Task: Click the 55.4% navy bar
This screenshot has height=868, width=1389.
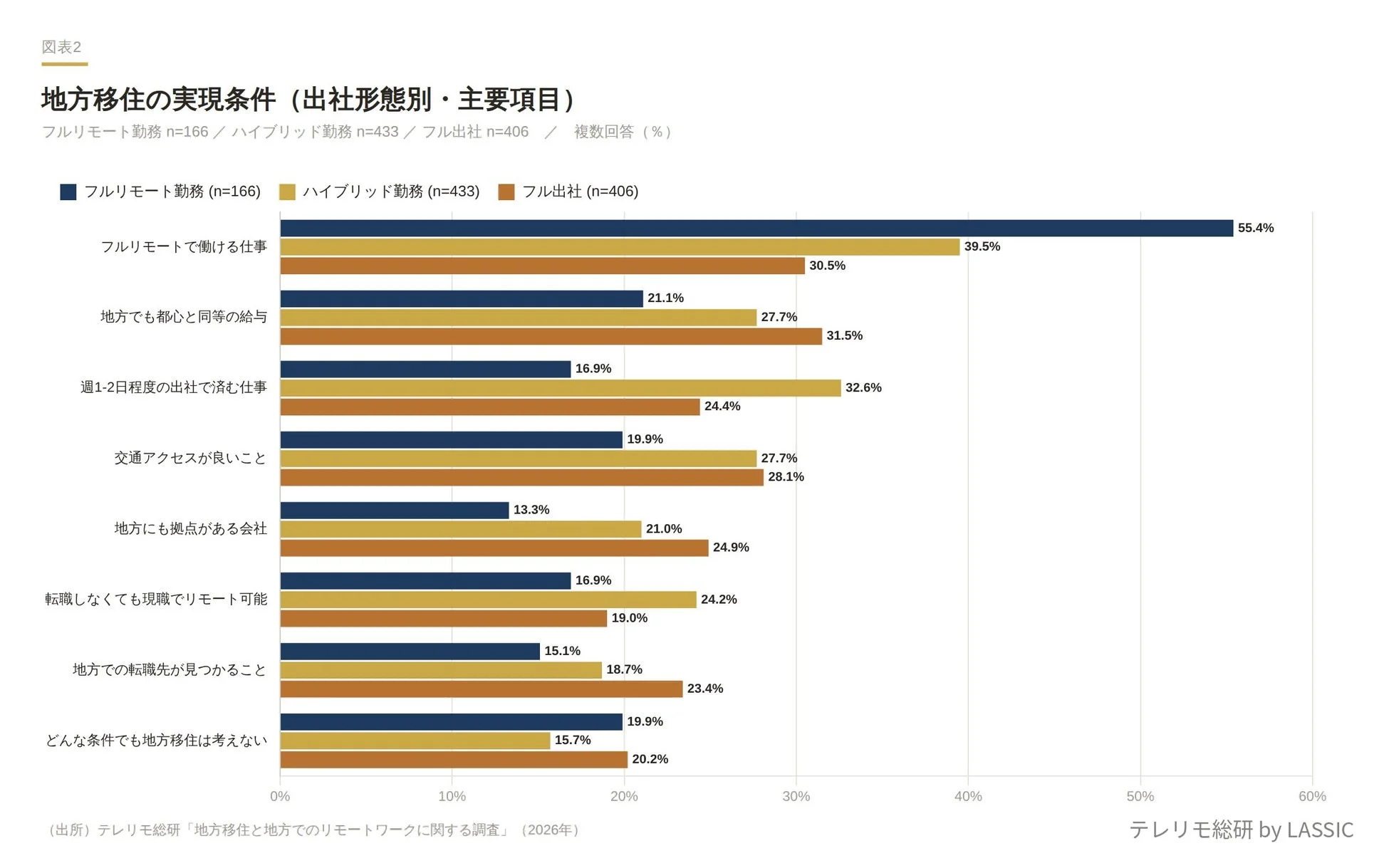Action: pyautogui.click(x=756, y=228)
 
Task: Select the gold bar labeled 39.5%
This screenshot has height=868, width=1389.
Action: pyautogui.click(x=620, y=247)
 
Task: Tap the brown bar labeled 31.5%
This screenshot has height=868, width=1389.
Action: pyautogui.click(x=551, y=336)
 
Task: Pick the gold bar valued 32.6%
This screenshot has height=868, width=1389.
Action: pyautogui.click(x=561, y=388)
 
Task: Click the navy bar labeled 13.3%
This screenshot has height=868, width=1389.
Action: pyautogui.click(x=395, y=511)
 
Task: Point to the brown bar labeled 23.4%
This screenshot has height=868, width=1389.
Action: pyautogui.click(x=482, y=689)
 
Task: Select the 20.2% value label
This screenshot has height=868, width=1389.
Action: pyautogui.click(x=650, y=759)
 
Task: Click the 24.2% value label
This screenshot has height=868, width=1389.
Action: pyautogui.click(x=719, y=600)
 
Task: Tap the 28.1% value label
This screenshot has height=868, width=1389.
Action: pyautogui.click(x=786, y=477)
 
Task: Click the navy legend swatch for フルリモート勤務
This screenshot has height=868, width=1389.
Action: pyautogui.click(x=68, y=192)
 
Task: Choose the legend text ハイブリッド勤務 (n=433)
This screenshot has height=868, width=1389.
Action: pyautogui.click(x=391, y=192)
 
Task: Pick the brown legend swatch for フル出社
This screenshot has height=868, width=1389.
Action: pyautogui.click(x=506, y=192)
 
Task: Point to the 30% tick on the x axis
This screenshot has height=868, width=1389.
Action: pyautogui.click(x=796, y=796)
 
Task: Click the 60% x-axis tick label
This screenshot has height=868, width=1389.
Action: pyautogui.click(x=1312, y=796)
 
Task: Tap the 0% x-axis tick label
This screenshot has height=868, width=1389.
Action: pyautogui.click(x=280, y=796)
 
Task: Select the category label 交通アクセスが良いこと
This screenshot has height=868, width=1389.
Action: pyautogui.click(x=190, y=458)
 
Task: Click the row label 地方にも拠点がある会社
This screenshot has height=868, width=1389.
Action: pyautogui.click(x=190, y=528)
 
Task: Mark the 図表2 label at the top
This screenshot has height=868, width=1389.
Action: pyautogui.click(x=61, y=47)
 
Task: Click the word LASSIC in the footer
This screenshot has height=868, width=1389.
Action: pyautogui.click(x=1320, y=830)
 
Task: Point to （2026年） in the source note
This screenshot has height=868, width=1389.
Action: pyautogui.click(x=550, y=830)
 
